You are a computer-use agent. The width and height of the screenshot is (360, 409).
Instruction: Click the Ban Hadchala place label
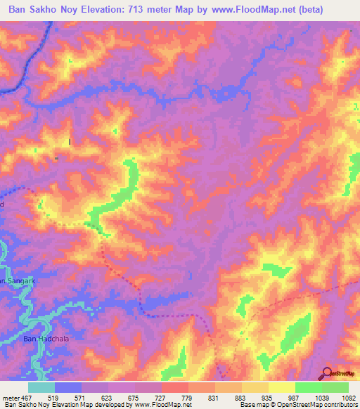point(46,339)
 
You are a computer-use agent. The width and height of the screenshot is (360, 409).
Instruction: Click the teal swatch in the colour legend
point(41,387)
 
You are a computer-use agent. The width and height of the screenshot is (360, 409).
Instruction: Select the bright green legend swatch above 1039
point(308,387)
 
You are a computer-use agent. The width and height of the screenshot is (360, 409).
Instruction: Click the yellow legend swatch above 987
point(281,387)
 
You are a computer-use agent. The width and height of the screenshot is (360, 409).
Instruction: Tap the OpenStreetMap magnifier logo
point(328,373)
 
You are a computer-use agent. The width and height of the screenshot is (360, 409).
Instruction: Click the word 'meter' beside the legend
point(9,396)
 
